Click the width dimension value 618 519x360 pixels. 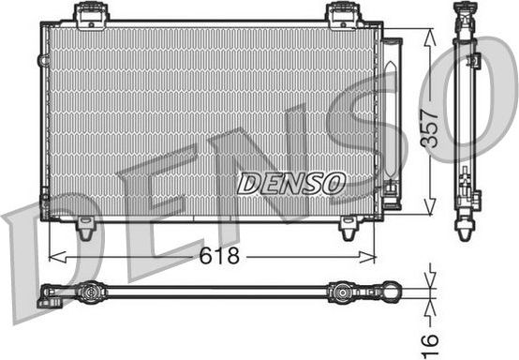217,256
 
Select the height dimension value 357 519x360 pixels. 429,123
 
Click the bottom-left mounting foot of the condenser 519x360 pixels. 86,226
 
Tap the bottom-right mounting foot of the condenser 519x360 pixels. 348,226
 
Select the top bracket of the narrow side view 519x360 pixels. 466,13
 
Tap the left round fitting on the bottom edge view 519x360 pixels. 90,292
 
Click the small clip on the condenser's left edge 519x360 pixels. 43,60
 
